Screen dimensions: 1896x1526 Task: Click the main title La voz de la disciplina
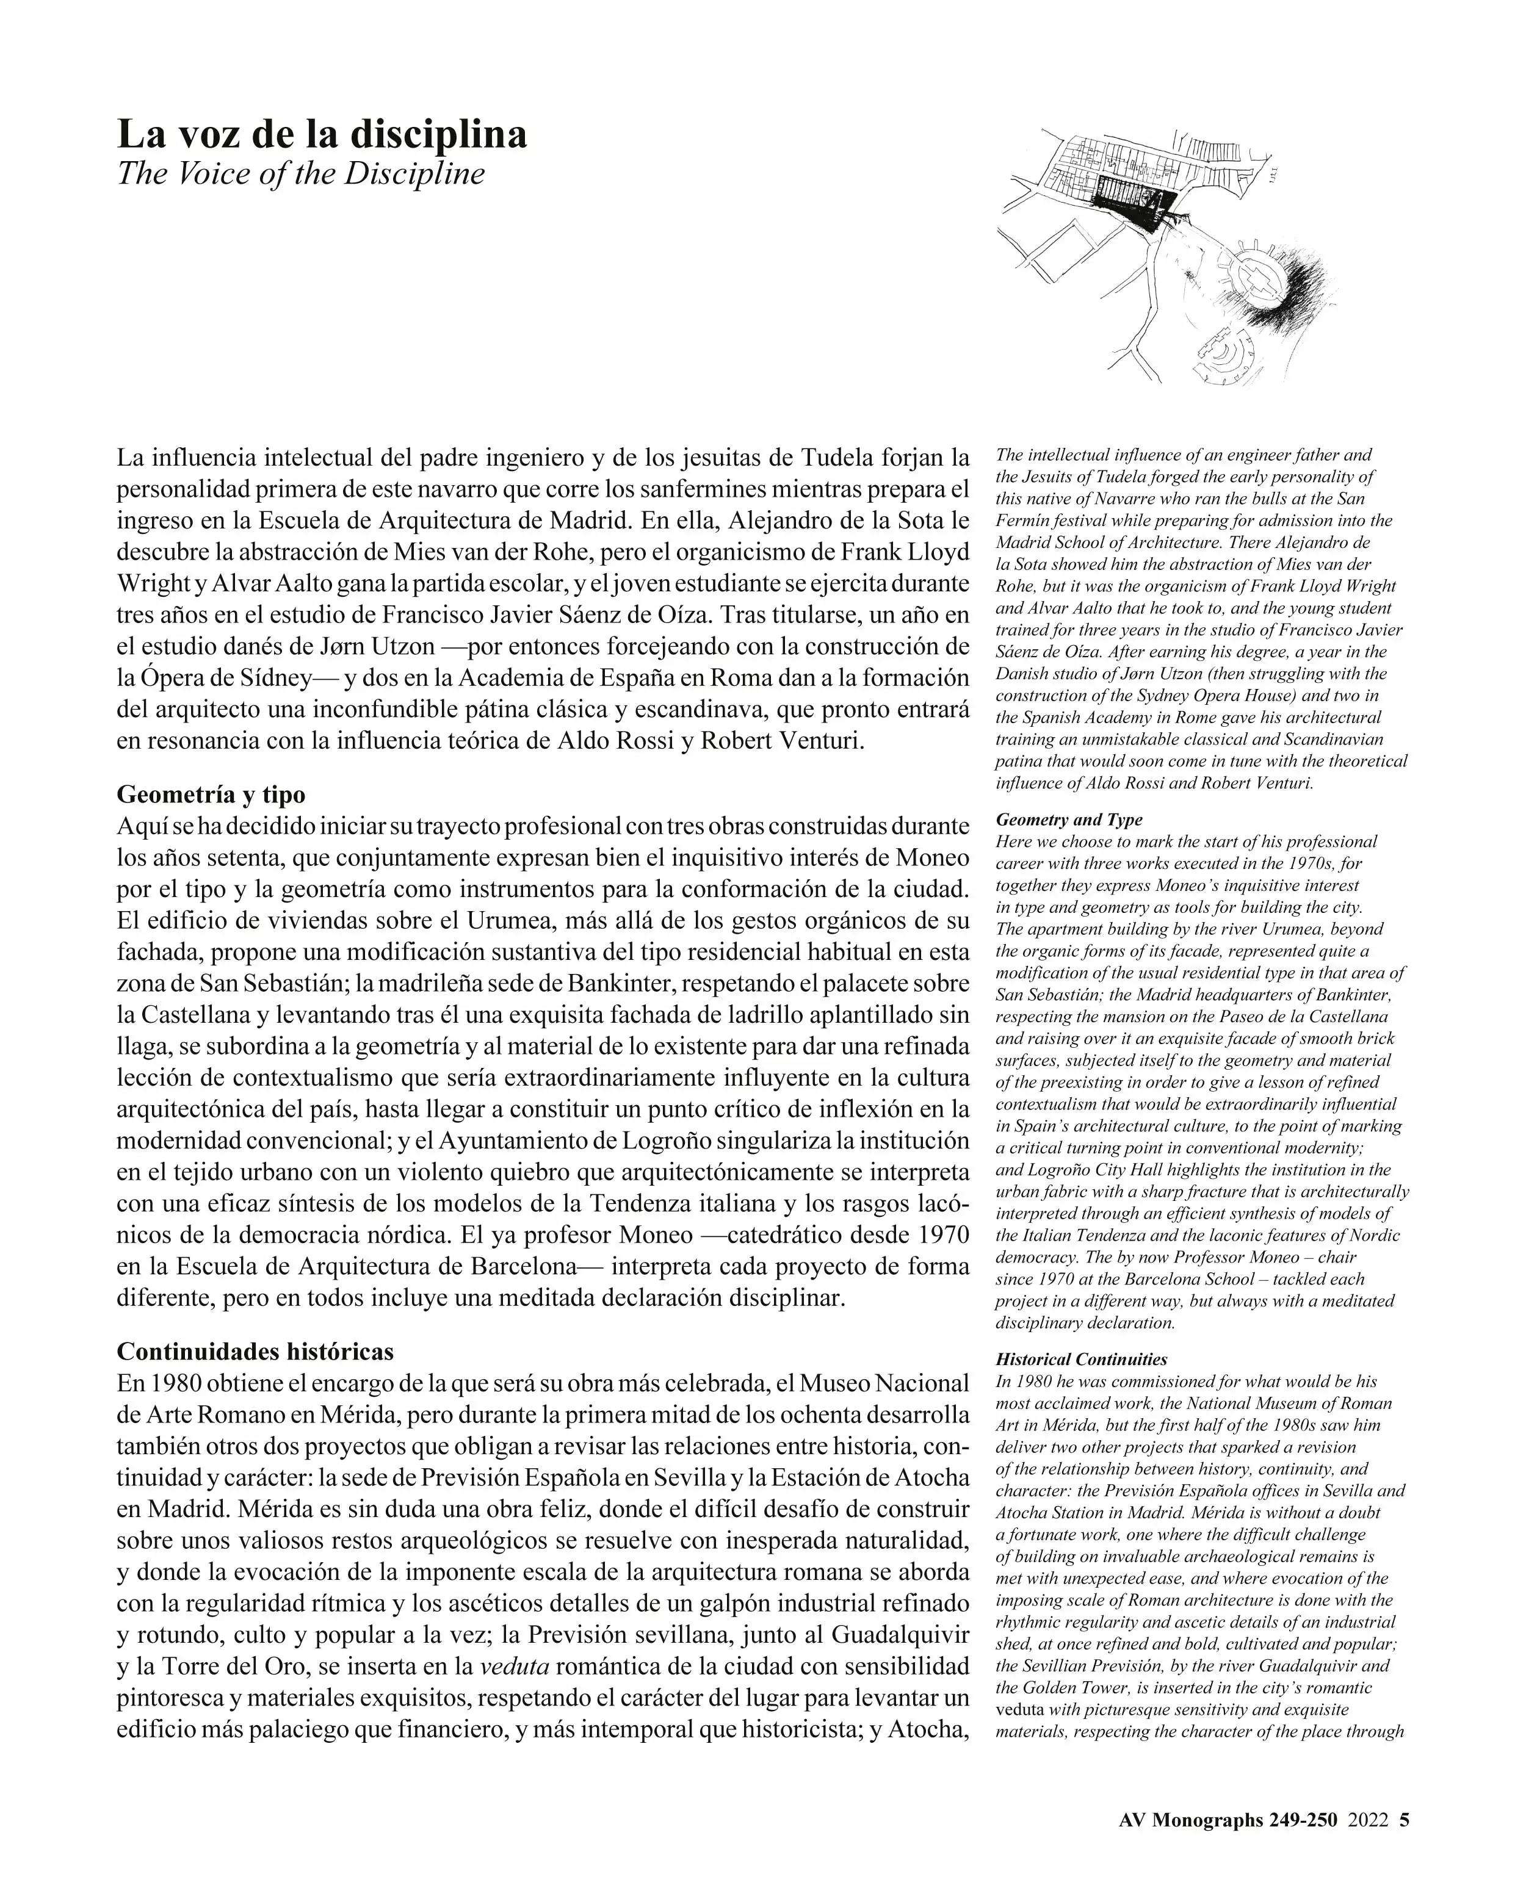322,134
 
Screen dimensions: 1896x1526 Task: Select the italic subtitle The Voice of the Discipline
301,173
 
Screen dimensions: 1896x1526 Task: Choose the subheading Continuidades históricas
255,1351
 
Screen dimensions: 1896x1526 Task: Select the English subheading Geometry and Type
1069,820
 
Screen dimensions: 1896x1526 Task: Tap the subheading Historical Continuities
1081,1360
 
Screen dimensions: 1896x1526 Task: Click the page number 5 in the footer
1404,1820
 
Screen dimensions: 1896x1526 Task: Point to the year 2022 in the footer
1369,1820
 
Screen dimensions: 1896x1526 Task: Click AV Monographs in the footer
1191,1820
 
